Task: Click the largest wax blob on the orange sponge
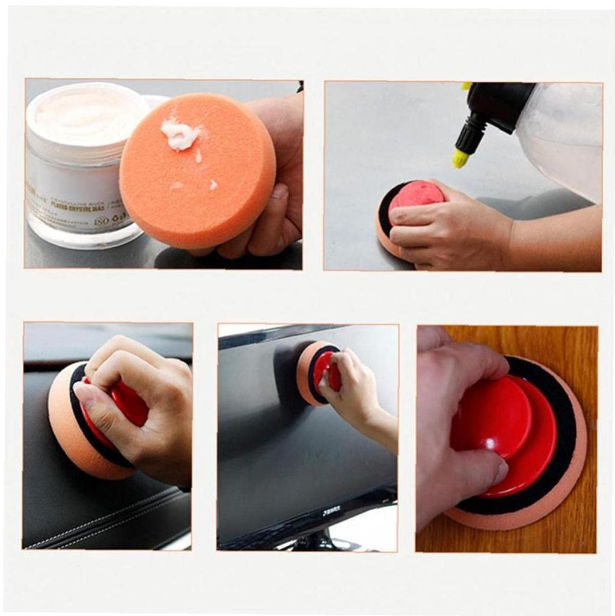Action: (x=180, y=134)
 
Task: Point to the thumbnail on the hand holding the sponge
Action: (x=279, y=191)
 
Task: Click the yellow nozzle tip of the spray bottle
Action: (x=460, y=158)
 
